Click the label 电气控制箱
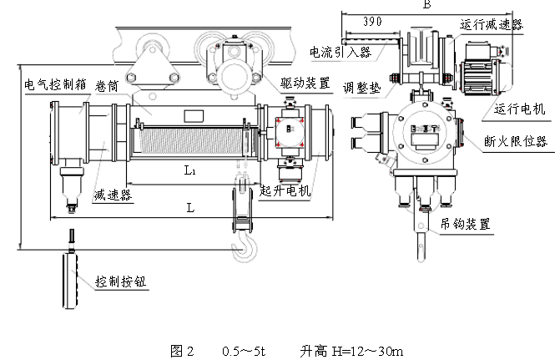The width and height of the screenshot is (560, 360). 51,84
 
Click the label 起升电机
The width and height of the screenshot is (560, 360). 285,190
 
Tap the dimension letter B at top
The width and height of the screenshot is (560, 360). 426,5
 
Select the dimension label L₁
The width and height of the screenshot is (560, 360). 189,170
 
